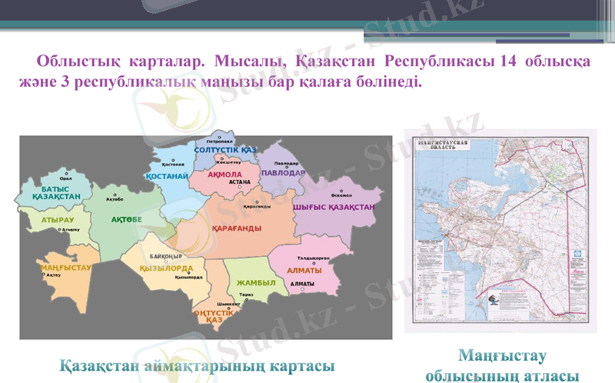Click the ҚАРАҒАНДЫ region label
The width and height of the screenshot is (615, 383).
click(x=236, y=228)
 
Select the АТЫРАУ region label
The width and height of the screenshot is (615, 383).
click(x=58, y=220)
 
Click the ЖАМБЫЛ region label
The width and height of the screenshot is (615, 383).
click(x=256, y=282)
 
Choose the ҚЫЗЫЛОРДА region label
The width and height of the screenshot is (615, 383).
click(x=171, y=268)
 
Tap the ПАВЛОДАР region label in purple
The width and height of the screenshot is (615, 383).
click(x=282, y=173)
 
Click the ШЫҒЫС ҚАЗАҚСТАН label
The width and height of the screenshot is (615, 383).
click(x=334, y=207)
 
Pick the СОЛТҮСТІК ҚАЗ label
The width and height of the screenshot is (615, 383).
click(x=224, y=149)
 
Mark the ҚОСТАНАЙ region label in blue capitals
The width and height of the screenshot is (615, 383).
click(x=168, y=176)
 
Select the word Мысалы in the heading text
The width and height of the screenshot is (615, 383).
click(x=248, y=62)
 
